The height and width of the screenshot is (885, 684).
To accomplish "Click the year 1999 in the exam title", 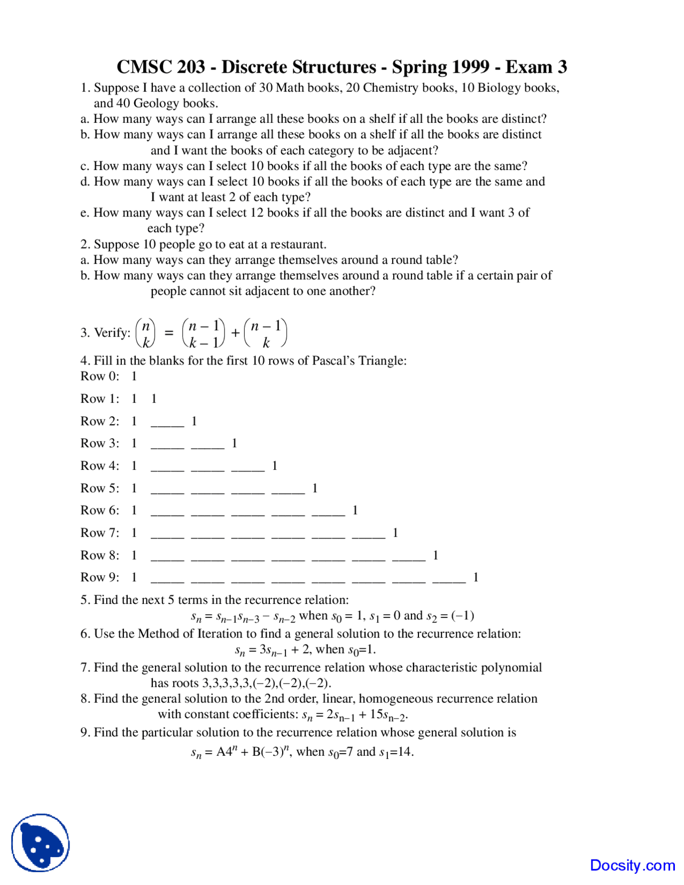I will (470, 67).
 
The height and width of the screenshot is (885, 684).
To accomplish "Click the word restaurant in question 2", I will (298, 244).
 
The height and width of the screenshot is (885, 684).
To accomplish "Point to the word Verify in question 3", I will (112, 332).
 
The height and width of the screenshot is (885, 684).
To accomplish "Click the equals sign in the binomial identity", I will (169, 333).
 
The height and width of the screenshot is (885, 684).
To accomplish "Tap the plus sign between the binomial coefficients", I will (235, 333).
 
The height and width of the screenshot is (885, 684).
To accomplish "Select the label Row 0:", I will (100, 376).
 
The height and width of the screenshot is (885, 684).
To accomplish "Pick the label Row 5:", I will (100, 488).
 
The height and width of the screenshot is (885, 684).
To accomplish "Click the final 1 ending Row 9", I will (476, 577).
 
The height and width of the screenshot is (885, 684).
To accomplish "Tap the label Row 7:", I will (100, 533).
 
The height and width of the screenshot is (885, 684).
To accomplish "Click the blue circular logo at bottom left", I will (41, 843).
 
